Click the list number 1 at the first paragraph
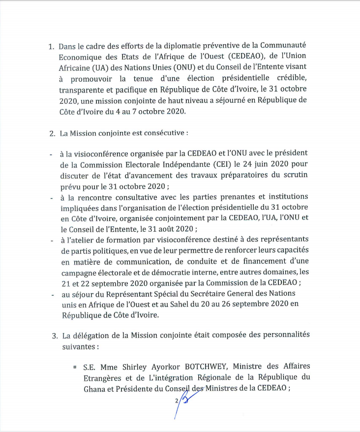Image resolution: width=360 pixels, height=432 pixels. [x=51, y=47]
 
